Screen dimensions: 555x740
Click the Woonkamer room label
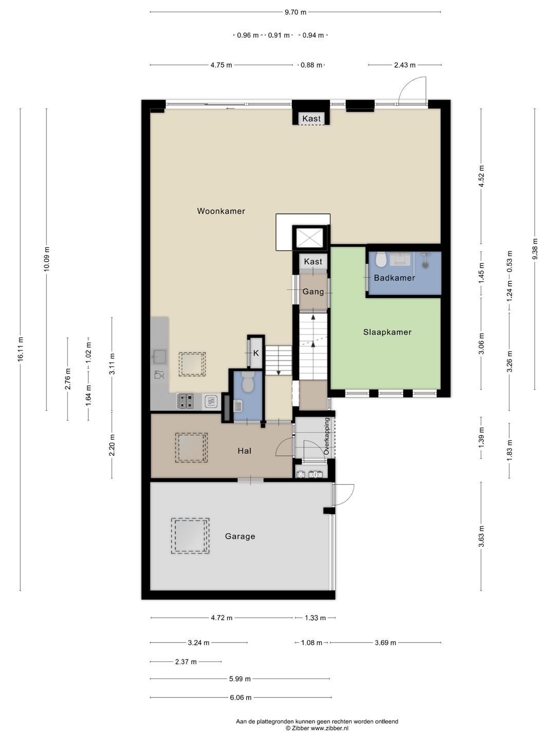[221, 211]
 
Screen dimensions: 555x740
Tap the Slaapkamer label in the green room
[387, 332]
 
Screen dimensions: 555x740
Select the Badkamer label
[394, 278]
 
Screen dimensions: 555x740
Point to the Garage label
[240, 536]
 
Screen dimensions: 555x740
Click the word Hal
[244, 451]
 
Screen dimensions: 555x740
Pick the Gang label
[313, 291]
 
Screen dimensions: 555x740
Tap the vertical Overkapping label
[326, 436]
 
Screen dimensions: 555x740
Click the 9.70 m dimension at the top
[295, 12]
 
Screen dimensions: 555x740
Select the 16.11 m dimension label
[21, 349]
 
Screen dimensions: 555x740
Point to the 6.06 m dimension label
[240, 697]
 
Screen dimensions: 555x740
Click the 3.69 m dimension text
[385, 642]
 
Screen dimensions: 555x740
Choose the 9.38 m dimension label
[535, 249]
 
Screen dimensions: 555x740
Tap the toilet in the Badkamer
[381, 260]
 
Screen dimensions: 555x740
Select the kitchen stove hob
[186, 401]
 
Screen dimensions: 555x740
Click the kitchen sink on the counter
[159, 356]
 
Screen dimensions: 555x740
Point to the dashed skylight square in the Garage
[190, 536]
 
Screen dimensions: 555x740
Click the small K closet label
[256, 353]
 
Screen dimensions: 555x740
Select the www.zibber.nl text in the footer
[329, 728]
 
